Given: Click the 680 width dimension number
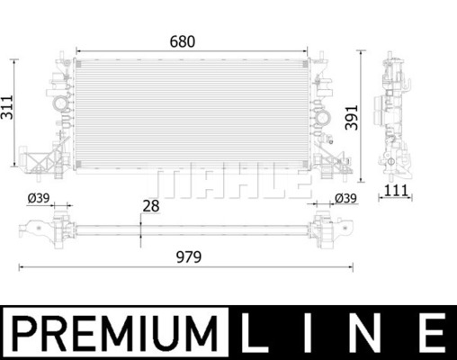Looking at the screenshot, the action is click(x=183, y=41).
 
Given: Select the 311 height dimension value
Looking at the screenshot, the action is click(x=7, y=107).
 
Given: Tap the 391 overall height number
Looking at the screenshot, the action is click(x=352, y=118).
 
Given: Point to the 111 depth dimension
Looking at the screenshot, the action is click(x=396, y=191).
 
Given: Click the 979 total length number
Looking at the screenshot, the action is click(x=189, y=257).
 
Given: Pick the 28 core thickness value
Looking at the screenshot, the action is click(x=151, y=206).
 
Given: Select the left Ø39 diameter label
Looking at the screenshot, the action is click(x=39, y=198).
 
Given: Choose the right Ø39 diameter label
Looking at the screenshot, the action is click(x=345, y=198).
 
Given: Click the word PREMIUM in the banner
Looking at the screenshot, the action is click(x=114, y=333).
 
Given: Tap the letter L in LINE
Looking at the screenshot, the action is click(x=255, y=332).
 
